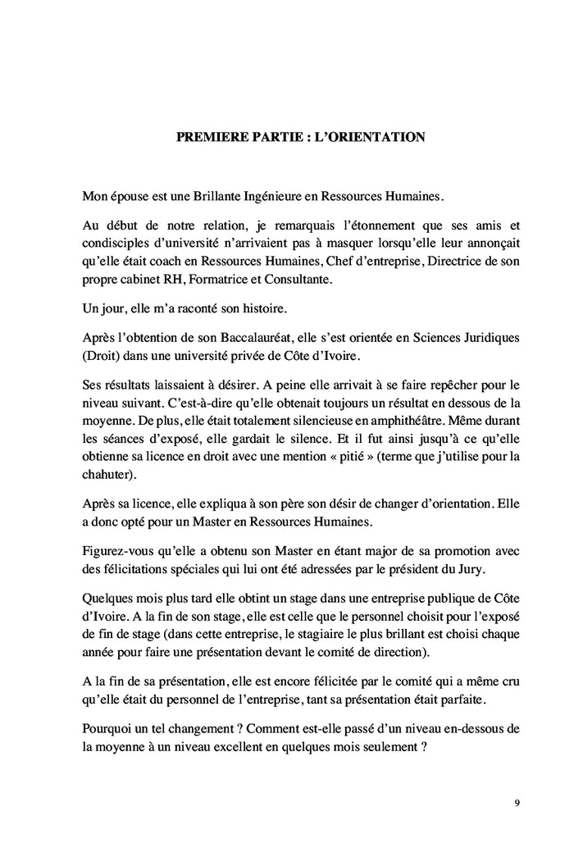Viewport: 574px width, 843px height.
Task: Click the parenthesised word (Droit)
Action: (x=103, y=355)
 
